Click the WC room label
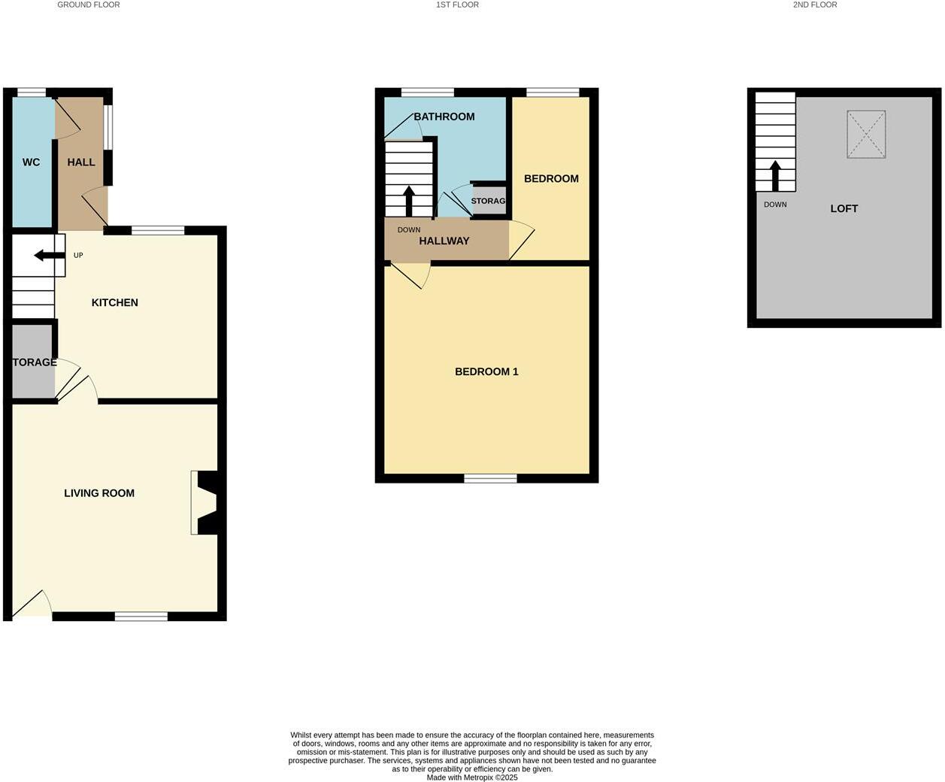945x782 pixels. point(31,162)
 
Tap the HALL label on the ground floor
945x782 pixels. point(81,162)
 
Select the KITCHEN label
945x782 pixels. point(115,302)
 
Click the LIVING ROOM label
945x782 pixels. point(99,493)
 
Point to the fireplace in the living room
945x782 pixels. point(205,502)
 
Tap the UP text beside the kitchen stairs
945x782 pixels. point(78,256)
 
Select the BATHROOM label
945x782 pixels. point(444,117)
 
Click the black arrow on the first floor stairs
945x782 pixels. point(409,201)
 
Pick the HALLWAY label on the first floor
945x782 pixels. point(444,241)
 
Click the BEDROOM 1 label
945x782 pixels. point(486,371)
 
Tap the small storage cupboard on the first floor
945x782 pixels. point(489,201)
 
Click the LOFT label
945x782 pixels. point(844,209)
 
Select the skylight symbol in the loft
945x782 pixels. point(866,135)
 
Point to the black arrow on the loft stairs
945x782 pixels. point(775,175)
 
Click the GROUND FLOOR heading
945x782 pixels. point(89,5)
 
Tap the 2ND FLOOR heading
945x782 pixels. point(815,5)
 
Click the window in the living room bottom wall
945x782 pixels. point(141,617)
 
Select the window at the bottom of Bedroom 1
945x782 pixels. point(490,478)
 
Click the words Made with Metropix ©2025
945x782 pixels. point(472,777)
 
